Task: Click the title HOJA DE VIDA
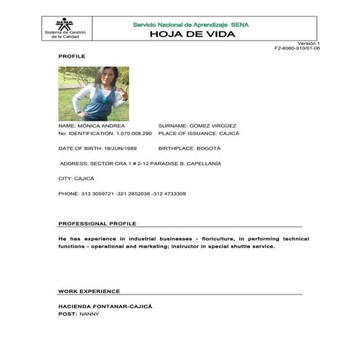click(x=191, y=34)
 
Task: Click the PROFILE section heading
click(x=71, y=56)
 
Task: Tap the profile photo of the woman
click(x=93, y=93)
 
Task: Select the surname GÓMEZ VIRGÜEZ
click(x=209, y=126)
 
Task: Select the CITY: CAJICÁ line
click(x=76, y=178)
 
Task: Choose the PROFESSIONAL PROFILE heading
click(x=97, y=223)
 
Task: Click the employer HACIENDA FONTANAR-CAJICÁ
click(x=105, y=306)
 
